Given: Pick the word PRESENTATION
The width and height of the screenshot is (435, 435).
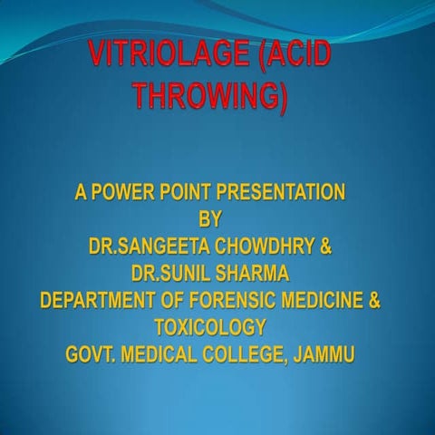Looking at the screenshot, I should [x=294, y=192].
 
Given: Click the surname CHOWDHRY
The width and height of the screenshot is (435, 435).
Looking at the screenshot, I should [x=263, y=246].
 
